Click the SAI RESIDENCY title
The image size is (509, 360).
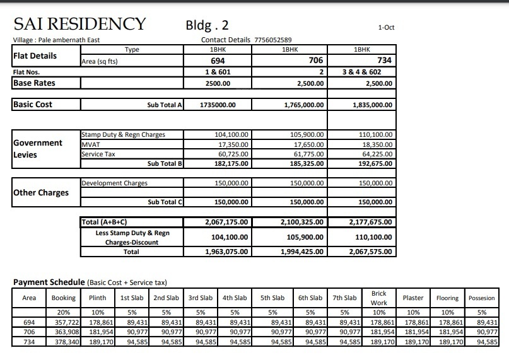click(x=79, y=25)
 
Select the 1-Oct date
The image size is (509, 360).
click(x=386, y=28)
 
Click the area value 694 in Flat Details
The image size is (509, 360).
click(x=218, y=61)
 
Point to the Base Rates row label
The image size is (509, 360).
click(x=34, y=83)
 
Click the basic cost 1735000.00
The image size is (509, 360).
click(x=218, y=105)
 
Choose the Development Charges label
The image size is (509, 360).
click(x=114, y=183)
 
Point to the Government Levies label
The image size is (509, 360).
click(x=38, y=148)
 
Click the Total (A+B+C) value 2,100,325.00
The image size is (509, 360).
click(x=302, y=222)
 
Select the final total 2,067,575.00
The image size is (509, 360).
click(x=370, y=252)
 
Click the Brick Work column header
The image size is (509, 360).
click(x=378, y=298)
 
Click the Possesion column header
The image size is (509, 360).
click(x=483, y=298)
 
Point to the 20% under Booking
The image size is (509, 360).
click(x=63, y=311)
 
